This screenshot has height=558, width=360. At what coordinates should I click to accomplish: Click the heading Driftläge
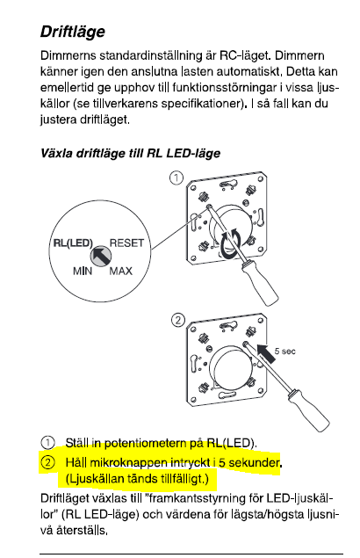[x=73, y=32]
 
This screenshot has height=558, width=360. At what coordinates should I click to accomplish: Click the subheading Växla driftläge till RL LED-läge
[x=130, y=154]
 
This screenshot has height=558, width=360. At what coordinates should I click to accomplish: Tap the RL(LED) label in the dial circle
[x=73, y=243]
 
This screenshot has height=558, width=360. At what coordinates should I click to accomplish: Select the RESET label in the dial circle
[x=126, y=243]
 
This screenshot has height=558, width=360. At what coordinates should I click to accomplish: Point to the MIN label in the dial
[x=83, y=272]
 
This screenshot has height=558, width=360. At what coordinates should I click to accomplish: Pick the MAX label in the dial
[x=120, y=272]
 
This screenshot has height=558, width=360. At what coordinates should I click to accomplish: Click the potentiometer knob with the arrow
[x=101, y=256]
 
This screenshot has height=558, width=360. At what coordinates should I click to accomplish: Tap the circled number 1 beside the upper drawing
[x=176, y=178]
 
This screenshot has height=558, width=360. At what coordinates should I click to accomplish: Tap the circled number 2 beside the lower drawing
[x=178, y=320]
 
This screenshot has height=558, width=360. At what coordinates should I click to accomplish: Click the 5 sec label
[x=284, y=351]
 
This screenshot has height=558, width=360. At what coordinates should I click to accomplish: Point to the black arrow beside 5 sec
[x=265, y=353]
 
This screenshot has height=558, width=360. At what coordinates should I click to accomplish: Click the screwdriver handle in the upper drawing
[x=259, y=282]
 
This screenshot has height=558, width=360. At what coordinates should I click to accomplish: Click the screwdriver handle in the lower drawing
[x=308, y=409]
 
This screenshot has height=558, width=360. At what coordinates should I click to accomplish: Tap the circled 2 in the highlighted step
[x=47, y=462]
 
